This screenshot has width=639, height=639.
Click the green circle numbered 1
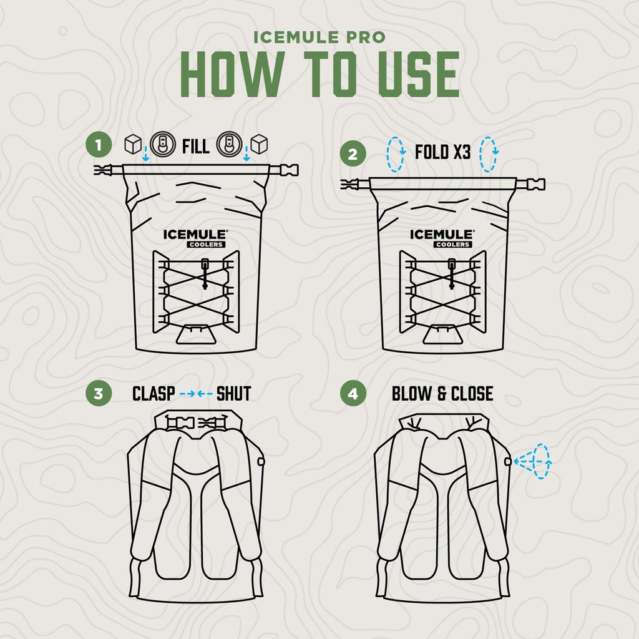coord(98,145)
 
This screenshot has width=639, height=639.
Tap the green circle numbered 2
coord(353,154)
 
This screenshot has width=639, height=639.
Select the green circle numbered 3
coord(98,393)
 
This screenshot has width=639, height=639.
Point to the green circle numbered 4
coord(353,393)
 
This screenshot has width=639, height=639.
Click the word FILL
coord(195,146)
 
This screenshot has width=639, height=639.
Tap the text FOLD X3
coord(442,152)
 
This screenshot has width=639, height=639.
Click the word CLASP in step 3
coord(154,394)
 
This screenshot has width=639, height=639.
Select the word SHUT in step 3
coord(233,394)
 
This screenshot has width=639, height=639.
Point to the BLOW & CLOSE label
coord(442,394)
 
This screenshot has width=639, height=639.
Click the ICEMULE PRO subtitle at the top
coord(319,37)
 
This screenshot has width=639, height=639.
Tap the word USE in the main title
coord(419,74)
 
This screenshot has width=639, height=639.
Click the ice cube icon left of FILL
coord(133,144)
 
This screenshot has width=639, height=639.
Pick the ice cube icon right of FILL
coord(259,144)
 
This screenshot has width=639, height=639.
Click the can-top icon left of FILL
coord(163,144)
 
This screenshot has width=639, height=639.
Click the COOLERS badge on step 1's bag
coord(206,245)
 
